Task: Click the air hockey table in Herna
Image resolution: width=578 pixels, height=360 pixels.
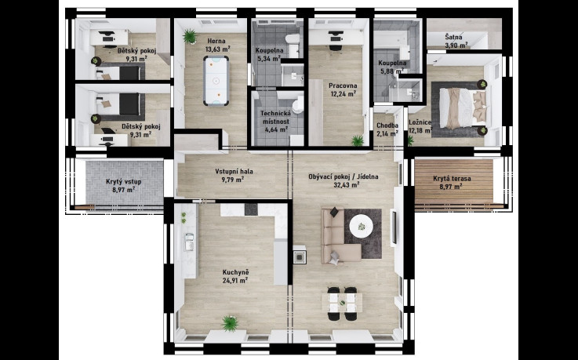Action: coord(216,80)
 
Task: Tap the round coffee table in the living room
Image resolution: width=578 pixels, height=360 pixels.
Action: coord(362,226)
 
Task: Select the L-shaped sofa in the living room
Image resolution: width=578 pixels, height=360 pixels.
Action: coord(337,237)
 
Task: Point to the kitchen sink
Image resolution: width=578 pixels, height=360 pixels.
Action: coord(189,242)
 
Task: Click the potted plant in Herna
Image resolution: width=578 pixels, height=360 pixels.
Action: coord(190,36)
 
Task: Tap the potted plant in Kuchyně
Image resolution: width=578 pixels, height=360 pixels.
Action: coord(230,323)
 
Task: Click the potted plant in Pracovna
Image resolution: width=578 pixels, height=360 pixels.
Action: coord(357,140)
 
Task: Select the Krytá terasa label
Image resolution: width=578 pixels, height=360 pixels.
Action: coord(452,179)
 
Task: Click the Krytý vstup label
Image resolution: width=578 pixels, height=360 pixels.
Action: coord(123,182)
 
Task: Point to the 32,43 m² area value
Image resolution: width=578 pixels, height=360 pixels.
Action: coord(347,185)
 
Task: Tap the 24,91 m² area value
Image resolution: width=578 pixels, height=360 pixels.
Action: coord(234,281)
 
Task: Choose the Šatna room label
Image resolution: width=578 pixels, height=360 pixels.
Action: coord(453,37)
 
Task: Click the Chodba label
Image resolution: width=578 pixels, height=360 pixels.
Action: coord(387,125)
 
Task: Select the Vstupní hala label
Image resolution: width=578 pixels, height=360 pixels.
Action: coord(234,171)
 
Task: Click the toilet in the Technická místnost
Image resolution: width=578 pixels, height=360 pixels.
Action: coord(298,104)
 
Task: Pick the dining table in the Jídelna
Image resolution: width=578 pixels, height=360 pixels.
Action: coord(342,303)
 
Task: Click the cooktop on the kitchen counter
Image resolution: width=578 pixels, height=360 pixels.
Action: coord(251,209)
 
